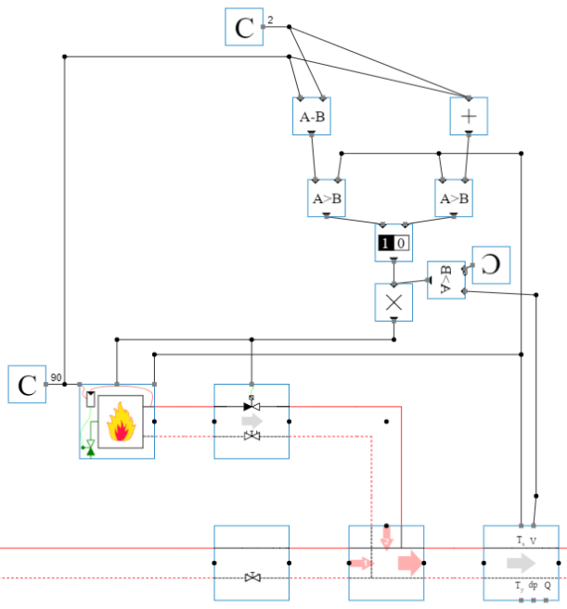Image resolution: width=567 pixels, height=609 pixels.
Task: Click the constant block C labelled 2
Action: pos(244,27)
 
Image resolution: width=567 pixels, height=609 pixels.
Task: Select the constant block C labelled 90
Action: pos(27,384)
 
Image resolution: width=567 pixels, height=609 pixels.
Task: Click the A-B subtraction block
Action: pos(311,117)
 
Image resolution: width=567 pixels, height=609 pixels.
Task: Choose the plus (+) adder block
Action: pos(469,117)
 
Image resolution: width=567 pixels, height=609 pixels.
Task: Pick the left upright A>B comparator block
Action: pos(326,197)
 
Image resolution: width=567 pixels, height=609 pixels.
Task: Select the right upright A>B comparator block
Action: pos(454,197)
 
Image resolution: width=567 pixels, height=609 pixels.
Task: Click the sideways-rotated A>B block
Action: pos(445,280)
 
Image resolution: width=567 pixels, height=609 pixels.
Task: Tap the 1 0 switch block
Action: pos(393,243)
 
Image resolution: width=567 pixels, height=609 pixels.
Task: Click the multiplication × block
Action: pos(393,302)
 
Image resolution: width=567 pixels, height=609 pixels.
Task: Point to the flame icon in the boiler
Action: pos(120,422)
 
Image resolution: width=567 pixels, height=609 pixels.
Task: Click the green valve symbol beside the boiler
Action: pos(89,450)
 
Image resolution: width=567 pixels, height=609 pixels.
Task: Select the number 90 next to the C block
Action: pos(56,377)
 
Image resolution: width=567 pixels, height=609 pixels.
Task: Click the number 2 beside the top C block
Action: pos(270,19)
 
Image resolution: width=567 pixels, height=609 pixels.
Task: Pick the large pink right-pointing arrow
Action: pos(408,563)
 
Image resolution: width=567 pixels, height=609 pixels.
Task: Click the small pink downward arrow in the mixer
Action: pos(387,539)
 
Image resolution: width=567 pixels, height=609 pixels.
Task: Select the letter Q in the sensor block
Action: pos(548,586)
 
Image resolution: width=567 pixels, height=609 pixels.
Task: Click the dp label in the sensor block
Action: pos(533,586)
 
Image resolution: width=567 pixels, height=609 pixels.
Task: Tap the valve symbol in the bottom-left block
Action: pos(251,577)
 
